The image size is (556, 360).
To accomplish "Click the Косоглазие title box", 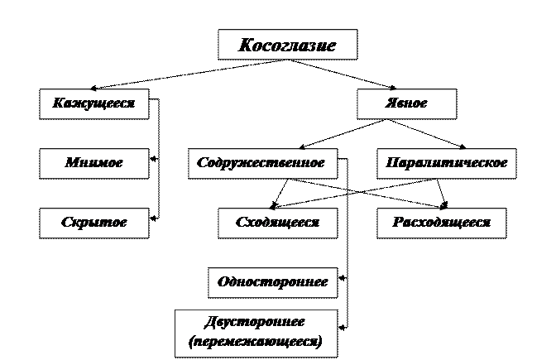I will [x=287, y=45].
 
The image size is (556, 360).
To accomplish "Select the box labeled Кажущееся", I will [x=93, y=104].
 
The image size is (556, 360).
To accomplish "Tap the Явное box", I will [x=406, y=104].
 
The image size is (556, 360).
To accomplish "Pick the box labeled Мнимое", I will [x=93, y=163].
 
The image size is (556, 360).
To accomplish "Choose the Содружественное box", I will [x=261, y=163].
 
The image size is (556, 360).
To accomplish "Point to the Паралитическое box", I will [x=447, y=163].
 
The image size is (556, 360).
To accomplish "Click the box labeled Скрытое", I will [x=93, y=223].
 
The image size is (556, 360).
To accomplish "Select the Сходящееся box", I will [x=277, y=223].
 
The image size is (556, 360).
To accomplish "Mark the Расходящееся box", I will [x=442, y=223].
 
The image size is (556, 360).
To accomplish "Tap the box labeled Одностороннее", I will [x=272, y=282].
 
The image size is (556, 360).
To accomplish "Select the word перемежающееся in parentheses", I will [x=256, y=340].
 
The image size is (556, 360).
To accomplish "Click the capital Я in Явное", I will [x=389, y=104].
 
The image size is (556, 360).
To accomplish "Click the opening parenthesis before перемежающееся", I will [x=192, y=341].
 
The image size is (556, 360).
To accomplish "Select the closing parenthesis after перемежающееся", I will [x=319, y=341].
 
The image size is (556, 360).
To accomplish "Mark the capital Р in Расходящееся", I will [x=397, y=223].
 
